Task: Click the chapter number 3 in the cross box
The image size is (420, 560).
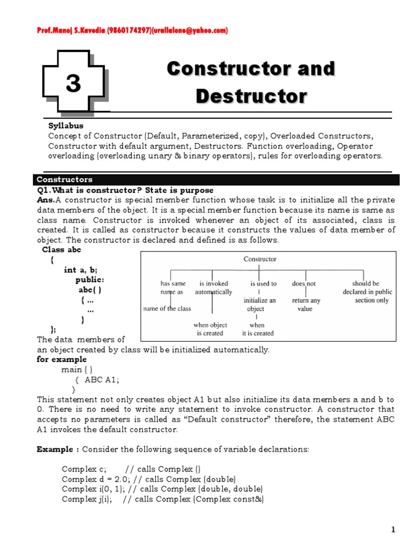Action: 73,84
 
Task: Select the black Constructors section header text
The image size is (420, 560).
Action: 64,179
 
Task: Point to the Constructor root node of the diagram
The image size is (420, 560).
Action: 260,259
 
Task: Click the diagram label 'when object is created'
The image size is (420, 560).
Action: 210,329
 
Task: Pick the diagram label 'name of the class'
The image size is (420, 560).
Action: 167,308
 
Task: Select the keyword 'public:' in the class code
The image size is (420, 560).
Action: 90,280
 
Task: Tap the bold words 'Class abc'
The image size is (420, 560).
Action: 61,250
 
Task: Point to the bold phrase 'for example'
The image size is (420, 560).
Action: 61,359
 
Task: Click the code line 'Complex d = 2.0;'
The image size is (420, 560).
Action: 94,479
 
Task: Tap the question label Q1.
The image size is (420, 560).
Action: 44,190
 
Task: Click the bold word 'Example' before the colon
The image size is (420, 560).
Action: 55,450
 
